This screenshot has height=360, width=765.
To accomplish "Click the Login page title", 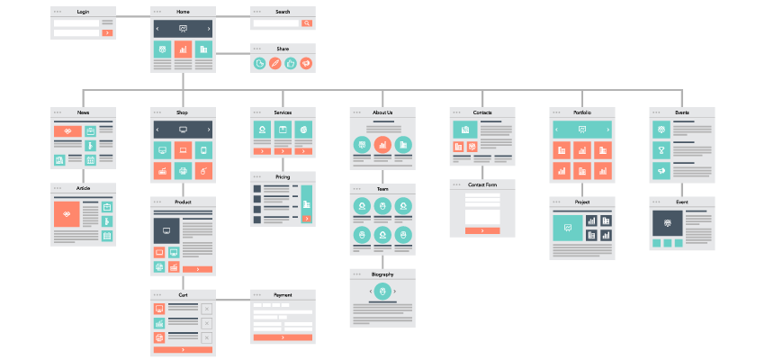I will click(x=83, y=12).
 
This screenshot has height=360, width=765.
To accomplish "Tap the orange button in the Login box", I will click(x=107, y=32).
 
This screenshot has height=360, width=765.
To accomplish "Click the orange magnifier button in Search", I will click(x=307, y=22).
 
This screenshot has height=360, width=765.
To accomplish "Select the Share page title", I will click(x=283, y=48).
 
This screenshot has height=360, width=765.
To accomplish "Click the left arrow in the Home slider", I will click(x=158, y=29).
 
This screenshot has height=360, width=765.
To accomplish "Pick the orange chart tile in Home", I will click(x=183, y=49).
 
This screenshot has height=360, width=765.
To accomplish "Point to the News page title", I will click(x=83, y=112).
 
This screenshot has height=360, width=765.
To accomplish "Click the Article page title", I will click(x=83, y=188).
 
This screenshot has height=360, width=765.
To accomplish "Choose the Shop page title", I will click(x=183, y=112).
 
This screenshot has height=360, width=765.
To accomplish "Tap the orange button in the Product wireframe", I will click(x=197, y=269).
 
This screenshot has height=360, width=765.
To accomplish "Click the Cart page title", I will click(x=183, y=294).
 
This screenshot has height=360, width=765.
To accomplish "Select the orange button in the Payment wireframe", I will click(x=283, y=337).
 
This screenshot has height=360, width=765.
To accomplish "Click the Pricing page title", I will click(x=283, y=176).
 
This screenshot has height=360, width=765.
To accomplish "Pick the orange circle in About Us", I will click(x=382, y=144).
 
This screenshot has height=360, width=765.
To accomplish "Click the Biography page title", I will click(x=382, y=274).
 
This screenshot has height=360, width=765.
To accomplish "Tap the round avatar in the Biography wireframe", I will click(x=382, y=292).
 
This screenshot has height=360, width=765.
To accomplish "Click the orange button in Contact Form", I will click(x=482, y=230).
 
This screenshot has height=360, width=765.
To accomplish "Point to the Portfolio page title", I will click(x=582, y=112).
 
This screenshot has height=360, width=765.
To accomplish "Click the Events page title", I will click(x=682, y=112).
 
